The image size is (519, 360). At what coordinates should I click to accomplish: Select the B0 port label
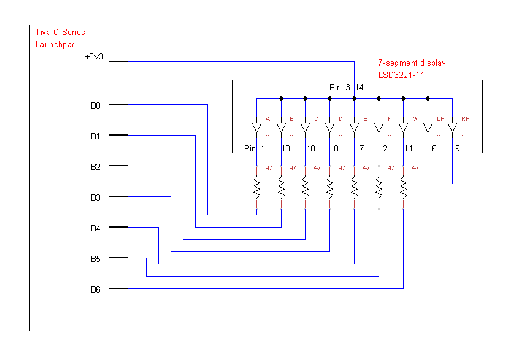(x=95, y=105)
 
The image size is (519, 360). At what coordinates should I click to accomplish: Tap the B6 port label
(x=95, y=289)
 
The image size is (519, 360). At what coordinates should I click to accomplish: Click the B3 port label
(x=95, y=197)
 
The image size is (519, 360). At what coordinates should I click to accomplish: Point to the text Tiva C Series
(x=60, y=33)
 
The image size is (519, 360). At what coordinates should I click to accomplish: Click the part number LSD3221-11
(x=402, y=75)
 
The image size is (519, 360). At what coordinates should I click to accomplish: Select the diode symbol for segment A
(x=256, y=128)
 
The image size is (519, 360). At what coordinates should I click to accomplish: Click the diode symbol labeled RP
(x=452, y=128)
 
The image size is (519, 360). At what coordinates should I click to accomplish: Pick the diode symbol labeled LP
(x=428, y=128)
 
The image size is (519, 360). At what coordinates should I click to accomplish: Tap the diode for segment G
(x=403, y=128)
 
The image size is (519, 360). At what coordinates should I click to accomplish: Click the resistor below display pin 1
(x=256, y=188)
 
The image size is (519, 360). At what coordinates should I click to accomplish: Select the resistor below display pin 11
(x=403, y=188)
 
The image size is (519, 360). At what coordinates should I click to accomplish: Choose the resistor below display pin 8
(x=329, y=188)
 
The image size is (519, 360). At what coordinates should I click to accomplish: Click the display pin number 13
(x=285, y=148)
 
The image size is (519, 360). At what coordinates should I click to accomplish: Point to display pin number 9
(x=457, y=148)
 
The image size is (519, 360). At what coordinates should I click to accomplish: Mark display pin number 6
(x=434, y=148)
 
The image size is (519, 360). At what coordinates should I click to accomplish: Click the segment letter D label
(x=340, y=119)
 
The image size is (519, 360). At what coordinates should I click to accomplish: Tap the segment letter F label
(x=390, y=119)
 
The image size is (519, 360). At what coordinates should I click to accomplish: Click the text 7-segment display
(x=412, y=63)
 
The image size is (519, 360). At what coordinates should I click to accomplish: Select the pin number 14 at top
(x=359, y=88)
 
